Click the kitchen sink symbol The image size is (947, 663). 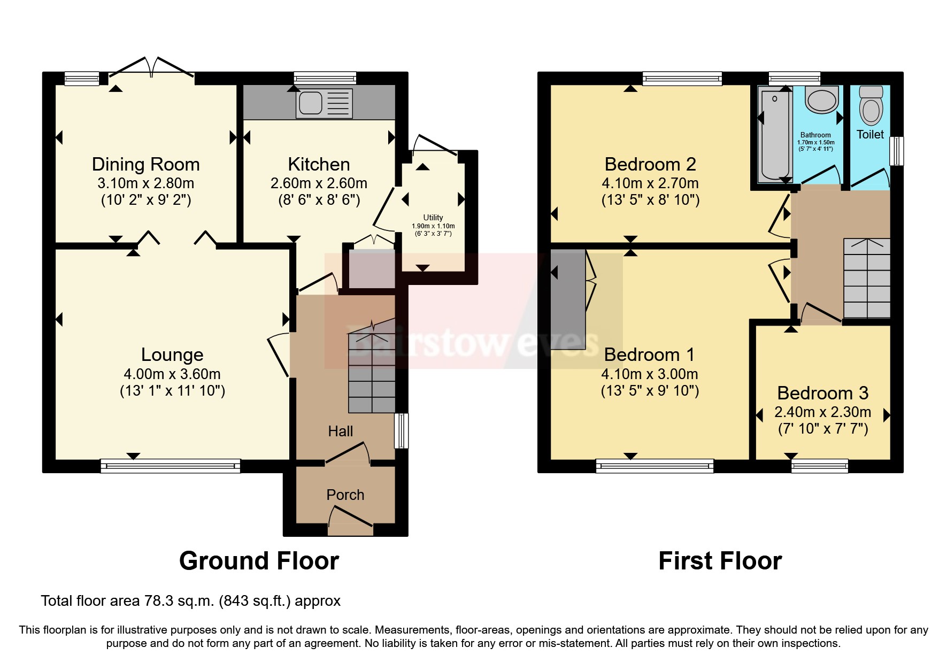pyautogui.click(x=324, y=103)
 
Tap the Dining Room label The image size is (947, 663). pyautogui.click(x=145, y=164)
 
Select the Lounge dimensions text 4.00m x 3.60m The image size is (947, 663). pyautogui.click(x=172, y=374)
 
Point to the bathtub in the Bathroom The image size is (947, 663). pyautogui.click(x=773, y=136)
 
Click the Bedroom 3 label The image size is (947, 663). pyautogui.click(x=822, y=393)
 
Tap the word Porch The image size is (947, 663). pyautogui.click(x=345, y=495)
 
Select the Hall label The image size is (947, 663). pyautogui.click(x=341, y=431)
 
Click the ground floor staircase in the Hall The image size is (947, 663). pyautogui.click(x=372, y=372)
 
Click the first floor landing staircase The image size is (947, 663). pyautogui.click(x=867, y=279)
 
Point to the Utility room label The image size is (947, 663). pyautogui.click(x=433, y=217)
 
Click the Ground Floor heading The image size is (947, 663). pyautogui.click(x=259, y=561)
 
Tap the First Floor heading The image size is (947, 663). pyautogui.click(x=720, y=561)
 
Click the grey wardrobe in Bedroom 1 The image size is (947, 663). pyautogui.click(x=568, y=299)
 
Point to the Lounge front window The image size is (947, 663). pyautogui.click(x=170, y=466)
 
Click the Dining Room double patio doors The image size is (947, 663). pyautogui.click(x=151, y=70)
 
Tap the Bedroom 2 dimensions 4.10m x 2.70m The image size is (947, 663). pyautogui.click(x=650, y=183)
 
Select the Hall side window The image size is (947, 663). pyautogui.click(x=401, y=430)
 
